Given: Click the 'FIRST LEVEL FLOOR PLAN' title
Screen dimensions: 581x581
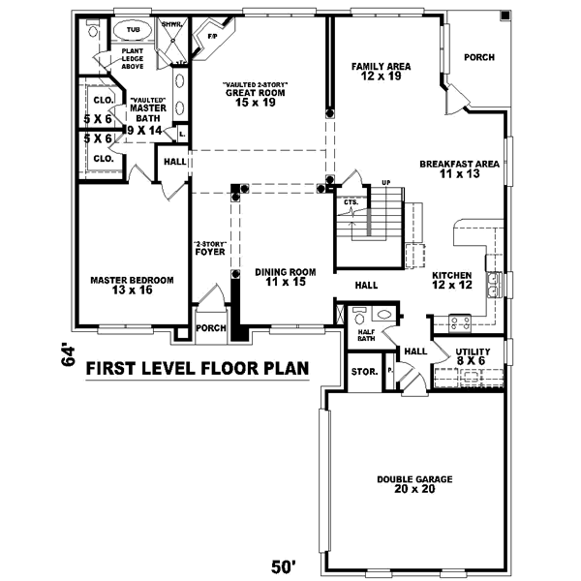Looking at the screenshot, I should (x=198, y=368).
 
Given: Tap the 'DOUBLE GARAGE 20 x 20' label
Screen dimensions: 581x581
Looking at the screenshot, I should (x=415, y=484).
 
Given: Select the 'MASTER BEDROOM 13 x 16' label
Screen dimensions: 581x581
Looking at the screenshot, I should (x=132, y=285).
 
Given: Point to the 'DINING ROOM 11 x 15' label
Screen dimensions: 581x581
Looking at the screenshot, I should (x=286, y=277).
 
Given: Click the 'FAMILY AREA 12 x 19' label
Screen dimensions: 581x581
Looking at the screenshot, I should (x=381, y=71).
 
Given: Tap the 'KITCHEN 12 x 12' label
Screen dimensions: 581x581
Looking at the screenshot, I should (x=451, y=279).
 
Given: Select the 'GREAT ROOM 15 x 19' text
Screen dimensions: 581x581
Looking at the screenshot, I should (x=256, y=94).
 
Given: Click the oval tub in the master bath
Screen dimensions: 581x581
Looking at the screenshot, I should (x=133, y=30).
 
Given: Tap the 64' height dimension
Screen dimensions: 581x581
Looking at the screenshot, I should (x=68, y=355).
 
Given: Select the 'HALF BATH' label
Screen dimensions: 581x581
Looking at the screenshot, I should (x=365, y=335).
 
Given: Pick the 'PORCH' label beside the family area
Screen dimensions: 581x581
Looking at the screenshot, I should (x=478, y=57).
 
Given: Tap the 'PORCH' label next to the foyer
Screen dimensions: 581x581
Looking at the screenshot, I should (x=210, y=328).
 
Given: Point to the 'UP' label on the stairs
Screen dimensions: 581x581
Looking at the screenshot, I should (x=385, y=182).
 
